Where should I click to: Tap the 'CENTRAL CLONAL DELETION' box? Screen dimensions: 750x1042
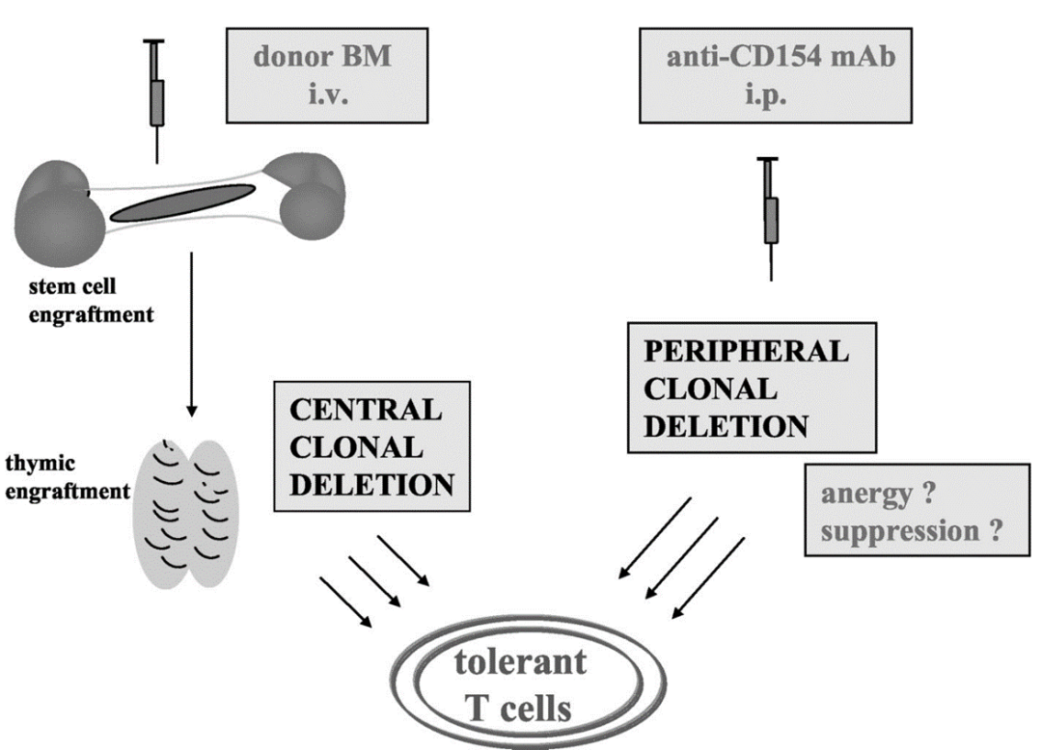370,444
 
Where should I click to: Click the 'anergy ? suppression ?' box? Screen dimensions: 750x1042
909,512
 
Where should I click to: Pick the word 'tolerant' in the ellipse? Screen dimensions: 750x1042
521,663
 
